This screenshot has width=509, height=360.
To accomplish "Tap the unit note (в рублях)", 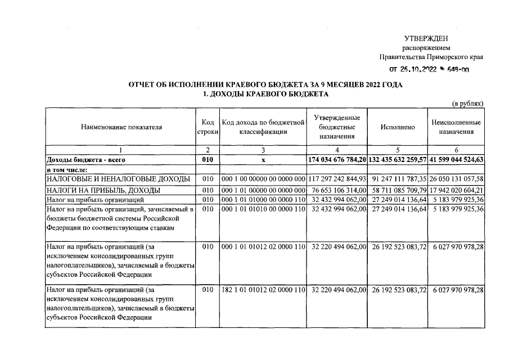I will [468, 103].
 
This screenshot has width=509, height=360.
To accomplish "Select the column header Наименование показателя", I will [121, 127].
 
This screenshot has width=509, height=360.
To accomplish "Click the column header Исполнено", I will [397, 127].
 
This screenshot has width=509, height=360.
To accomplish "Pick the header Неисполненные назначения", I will [456, 127].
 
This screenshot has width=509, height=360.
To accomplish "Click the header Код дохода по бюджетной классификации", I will [263, 127].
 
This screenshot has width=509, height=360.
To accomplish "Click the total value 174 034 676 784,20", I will [337, 160].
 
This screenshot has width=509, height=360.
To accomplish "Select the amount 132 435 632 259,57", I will [397, 160].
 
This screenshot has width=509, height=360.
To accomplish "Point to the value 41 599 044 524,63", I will [456, 160].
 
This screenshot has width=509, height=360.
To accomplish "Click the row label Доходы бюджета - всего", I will [82, 160].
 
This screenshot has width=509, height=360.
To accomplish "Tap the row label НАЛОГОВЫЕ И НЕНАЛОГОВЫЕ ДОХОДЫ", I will [118, 179].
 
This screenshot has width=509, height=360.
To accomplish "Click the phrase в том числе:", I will [67, 169].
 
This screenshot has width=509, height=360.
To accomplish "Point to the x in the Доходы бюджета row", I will [263, 160].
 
